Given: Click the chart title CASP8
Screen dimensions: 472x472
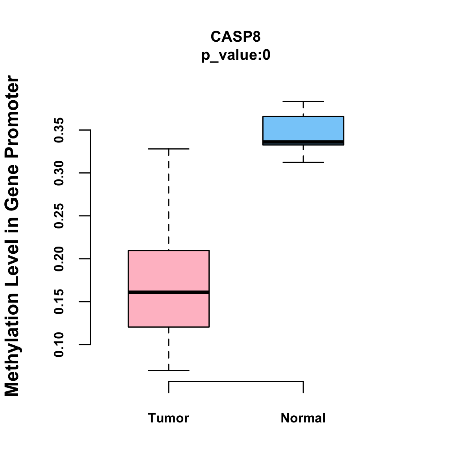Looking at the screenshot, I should tap(236, 37).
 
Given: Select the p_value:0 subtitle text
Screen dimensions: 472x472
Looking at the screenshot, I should tap(236, 55).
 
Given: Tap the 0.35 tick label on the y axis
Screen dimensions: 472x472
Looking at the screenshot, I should tap(59, 130).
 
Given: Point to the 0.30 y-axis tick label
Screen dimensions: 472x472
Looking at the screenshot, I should tap(59, 173).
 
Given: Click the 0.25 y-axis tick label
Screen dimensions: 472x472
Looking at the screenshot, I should tap(59, 216).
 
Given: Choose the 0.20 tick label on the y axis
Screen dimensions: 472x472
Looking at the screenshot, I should tap(59, 259).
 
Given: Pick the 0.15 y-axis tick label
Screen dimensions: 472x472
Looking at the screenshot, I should tap(59, 302).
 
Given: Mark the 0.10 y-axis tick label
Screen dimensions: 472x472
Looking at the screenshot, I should tap(59, 345).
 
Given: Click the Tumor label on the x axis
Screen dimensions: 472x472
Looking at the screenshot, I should tap(169, 418).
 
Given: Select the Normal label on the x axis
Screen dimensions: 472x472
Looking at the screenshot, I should tap(303, 418).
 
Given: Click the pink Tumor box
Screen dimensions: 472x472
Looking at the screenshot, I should tap(169, 271).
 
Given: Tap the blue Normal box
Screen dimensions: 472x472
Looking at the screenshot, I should tap(303, 128).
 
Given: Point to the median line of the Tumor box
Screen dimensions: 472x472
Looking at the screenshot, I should tap(169, 292).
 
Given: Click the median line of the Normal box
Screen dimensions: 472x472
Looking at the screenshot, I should tap(303, 142).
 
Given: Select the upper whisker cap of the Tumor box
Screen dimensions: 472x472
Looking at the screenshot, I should tap(169, 149).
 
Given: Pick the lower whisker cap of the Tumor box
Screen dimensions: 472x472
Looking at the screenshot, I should tap(169, 371).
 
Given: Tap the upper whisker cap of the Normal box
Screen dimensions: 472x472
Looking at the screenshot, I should tap(303, 101).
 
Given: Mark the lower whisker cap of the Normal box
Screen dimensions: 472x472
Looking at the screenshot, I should tap(303, 162).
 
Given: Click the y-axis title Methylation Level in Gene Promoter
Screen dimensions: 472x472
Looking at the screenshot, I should tap(12, 236).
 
